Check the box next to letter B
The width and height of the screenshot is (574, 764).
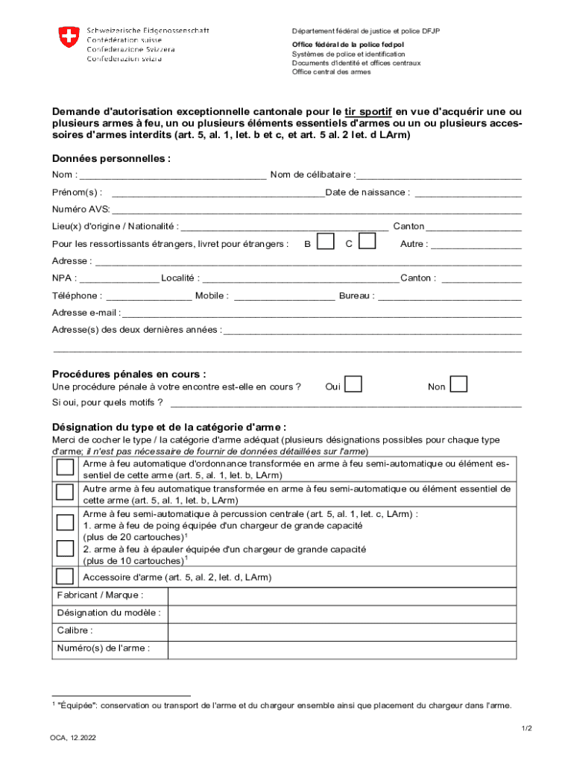(326, 242)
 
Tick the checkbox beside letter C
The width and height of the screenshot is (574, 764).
(367, 242)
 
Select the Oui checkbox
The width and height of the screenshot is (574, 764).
(354, 384)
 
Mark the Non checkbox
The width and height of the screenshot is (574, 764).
(459, 384)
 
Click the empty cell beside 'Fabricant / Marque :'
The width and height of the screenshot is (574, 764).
(341, 595)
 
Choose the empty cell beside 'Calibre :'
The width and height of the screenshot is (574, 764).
(341, 630)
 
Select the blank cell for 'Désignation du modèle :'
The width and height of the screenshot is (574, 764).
(341, 613)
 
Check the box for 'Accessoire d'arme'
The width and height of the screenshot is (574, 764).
(66, 577)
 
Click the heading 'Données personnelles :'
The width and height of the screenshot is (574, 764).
(112, 159)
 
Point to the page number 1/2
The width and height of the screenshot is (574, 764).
(526, 728)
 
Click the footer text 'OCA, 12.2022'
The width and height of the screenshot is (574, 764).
(73, 737)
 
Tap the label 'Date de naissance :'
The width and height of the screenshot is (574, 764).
(368, 192)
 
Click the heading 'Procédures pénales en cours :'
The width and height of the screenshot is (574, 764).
(129, 374)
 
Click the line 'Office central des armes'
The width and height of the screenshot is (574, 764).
(331, 72)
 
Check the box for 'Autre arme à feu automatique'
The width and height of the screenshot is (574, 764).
(66, 492)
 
